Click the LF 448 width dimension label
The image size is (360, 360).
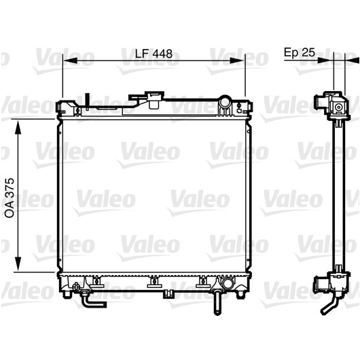[154, 54]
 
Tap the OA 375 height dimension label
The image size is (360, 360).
[10, 198]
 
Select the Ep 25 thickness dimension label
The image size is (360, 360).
[300, 52]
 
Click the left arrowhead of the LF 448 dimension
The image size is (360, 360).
[69, 60]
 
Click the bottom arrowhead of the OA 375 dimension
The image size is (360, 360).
[18, 264]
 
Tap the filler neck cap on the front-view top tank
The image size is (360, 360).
[154, 100]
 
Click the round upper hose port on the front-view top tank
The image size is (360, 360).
[226, 101]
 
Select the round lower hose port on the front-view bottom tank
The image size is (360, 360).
[227, 284]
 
